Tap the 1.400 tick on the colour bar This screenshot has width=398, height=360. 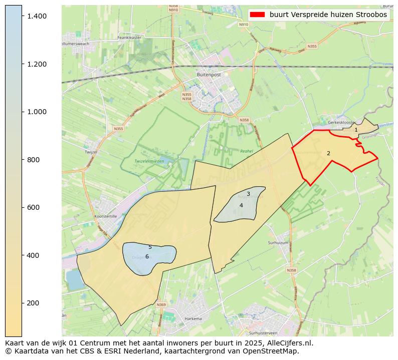pyautogui.click(x=37, y=17)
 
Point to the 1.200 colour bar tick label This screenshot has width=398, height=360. pyautogui.click(x=37, y=64)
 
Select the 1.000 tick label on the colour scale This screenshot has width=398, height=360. pyautogui.click(x=37, y=112)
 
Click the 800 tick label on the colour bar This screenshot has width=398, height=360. pyautogui.click(x=33, y=160)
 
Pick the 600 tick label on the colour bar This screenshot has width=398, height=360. pyautogui.click(x=33, y=207)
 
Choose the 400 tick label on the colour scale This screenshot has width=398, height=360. pyautogui.click(x=33, y=255)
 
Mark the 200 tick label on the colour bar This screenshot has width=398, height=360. pyautogui.click(x=33, y=303)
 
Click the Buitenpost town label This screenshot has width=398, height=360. pyautogui.click(x=209, y=75)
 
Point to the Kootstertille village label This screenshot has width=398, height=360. pyautogui.click(x=105, y=216)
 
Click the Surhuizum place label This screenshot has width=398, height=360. pyautogui.click(x=279, y=242)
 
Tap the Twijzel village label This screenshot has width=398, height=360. pyautogui.click(x=91, y=151)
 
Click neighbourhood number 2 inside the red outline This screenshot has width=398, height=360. pyautogui.click(x=328, y=154)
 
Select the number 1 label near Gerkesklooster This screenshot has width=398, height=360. pyautogui.click(x=356, y=130)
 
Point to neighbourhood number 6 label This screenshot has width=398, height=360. pyautogui.click(x=147, y=257)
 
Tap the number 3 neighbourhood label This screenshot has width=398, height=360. pyautogui.click(x=248, y=194)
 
